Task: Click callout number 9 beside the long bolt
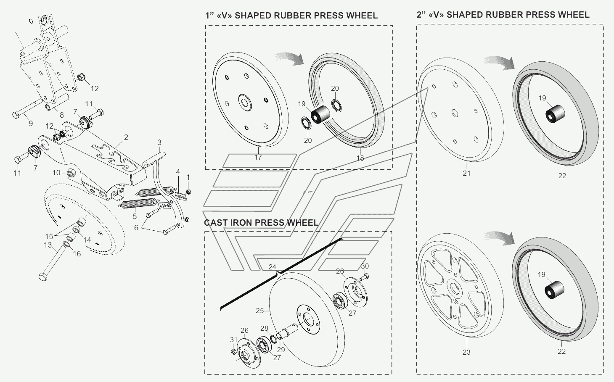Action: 31,124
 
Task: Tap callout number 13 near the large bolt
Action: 48,245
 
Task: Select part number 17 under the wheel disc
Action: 258,157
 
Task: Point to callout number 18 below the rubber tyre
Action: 360,158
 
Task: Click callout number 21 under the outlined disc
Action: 466,173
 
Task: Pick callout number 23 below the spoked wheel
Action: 466,352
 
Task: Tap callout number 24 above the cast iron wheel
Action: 272,267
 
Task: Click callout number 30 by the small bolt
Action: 365,266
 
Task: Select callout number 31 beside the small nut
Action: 233,340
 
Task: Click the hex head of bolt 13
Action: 42,277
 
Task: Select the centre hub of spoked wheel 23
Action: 454,288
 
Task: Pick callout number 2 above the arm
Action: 126,137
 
